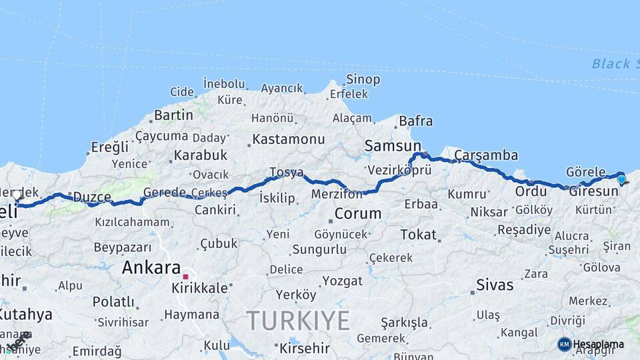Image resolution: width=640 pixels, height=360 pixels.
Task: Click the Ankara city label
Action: point(151,269)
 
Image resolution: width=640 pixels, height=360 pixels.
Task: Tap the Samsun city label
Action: point(393,146)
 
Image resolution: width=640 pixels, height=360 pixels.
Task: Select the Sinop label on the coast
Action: point(363,80)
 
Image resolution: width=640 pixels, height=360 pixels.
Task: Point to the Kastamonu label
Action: point(289,139)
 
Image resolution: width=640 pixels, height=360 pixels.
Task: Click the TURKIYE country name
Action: point(298,321)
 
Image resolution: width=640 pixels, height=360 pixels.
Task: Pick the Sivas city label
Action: point(495,285)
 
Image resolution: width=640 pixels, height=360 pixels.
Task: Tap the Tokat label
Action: point(418,235)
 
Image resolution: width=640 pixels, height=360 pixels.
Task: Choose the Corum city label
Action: point(358,214)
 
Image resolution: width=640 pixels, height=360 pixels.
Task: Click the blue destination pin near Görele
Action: point(621,179)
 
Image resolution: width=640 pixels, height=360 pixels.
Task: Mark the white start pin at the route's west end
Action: point(17,195)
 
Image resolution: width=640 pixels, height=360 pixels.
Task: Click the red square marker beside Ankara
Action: point(186,276)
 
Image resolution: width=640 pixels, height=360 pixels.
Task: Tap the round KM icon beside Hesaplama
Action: point(564,344)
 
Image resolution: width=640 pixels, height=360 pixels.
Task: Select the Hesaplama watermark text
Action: point(599,344)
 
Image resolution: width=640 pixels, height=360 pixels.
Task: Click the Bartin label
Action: point(173,115)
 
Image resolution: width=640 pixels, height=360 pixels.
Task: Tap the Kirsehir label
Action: point(305,348)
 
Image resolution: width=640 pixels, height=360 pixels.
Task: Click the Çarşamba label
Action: point(486,155)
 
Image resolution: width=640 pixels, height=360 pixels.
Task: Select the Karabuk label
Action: point(201,155)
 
